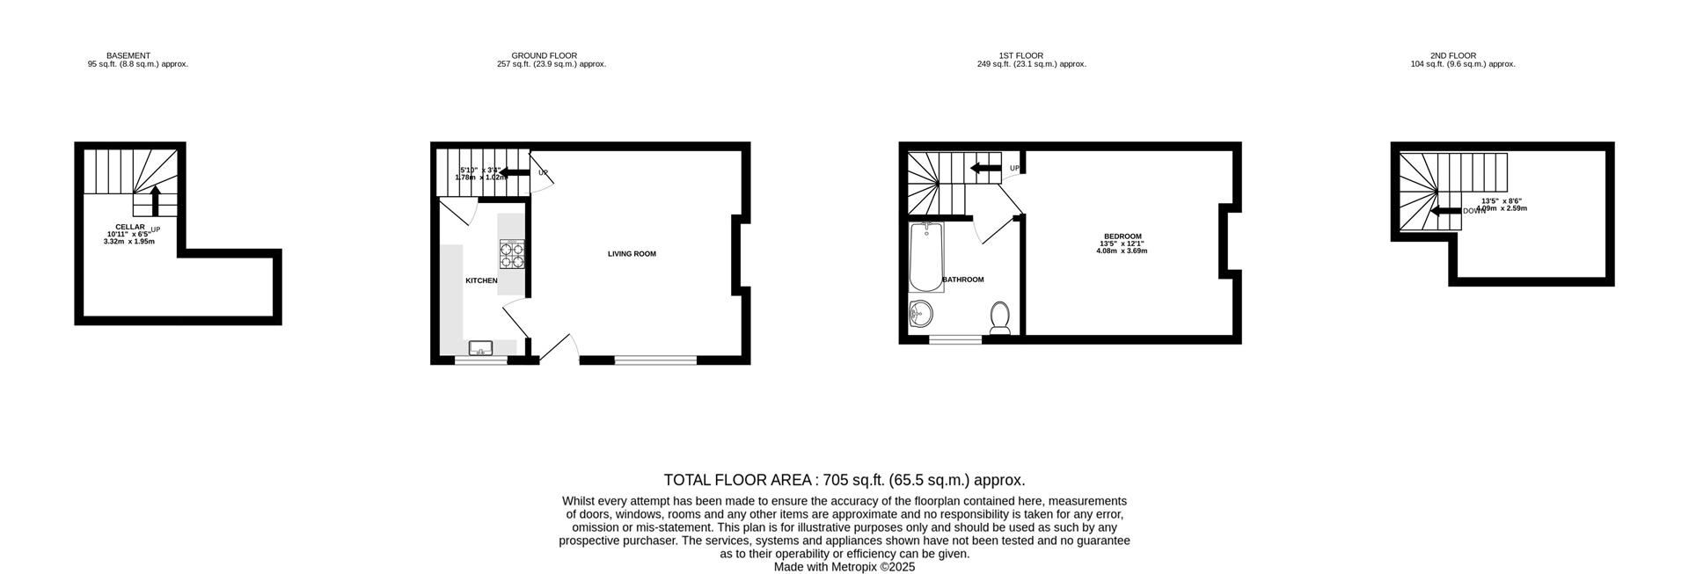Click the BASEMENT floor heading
[128, 55]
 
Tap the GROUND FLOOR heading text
[544, 55]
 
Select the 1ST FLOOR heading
[1020, 55]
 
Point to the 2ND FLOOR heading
[1452, 55]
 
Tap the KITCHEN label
[481, 280]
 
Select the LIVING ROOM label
[632, 254]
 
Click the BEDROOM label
[1122, 236]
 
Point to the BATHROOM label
[963, 280]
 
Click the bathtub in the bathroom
[925, 258]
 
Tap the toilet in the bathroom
[1000, 317]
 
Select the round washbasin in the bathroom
[921, 313]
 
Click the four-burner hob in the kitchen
[512, 254]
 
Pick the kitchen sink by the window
[481, 348]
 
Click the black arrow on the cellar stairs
[156, 200]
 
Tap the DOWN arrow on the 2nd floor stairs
[1445, 211]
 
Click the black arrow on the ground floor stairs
[515, 172]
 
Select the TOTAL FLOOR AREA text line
[844, 480]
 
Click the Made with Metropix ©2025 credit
[844, 567]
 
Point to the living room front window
[655, 360]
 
